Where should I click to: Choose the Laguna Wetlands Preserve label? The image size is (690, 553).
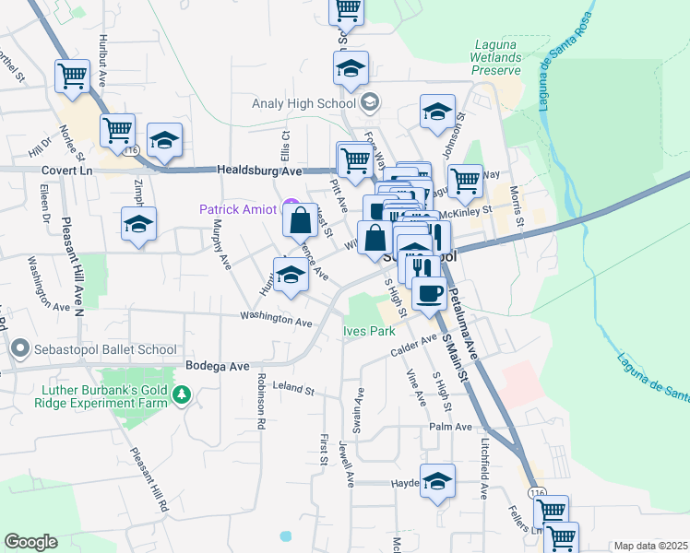point(497,57)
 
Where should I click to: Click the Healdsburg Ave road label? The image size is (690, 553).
point(259,171)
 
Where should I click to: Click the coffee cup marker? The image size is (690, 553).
point(428,293)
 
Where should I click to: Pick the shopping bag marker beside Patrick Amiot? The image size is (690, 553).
point(301,220)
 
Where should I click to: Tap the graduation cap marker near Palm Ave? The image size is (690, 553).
point(438,480)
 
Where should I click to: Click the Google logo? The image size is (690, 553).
point(30,542)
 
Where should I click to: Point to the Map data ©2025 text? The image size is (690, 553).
point(651,546)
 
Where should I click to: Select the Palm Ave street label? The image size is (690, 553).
point(450,427)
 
